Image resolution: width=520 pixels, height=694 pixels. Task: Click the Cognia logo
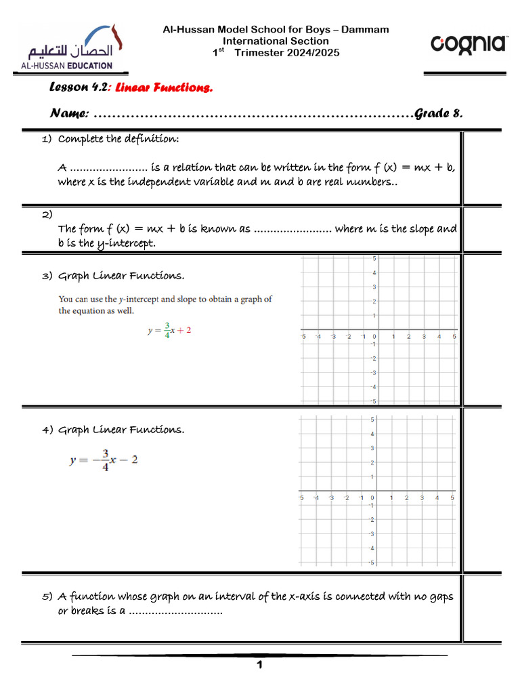[469, 45]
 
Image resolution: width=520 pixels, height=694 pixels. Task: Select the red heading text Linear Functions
[164, 87]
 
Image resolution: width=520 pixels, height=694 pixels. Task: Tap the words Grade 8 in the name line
[439, 113]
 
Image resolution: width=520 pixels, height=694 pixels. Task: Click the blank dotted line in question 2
[292, 229]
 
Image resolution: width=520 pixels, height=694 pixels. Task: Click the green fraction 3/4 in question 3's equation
[167, 330]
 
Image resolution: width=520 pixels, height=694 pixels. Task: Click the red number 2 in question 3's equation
[189, 330]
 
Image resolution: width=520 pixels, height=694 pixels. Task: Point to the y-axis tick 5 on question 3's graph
[374, 259]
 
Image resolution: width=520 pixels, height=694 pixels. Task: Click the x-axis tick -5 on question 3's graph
[303, 337]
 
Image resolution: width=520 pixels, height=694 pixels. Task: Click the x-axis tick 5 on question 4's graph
[452, 498]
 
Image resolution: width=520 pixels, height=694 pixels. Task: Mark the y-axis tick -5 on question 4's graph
[371, 563]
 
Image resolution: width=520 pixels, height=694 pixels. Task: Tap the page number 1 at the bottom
[259, 666]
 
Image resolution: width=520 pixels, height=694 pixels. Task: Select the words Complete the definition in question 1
[119, 139]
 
